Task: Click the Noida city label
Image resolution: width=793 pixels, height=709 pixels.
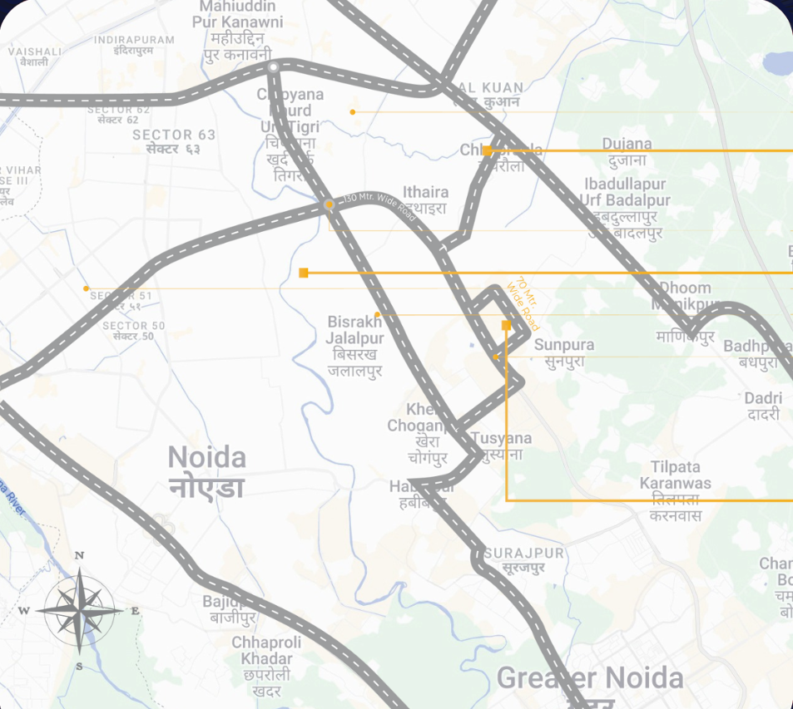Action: (x=207, y=471)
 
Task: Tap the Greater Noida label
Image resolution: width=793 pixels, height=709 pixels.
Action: (x=590, y=678)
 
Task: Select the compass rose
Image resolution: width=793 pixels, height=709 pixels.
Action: (x=79, y=611)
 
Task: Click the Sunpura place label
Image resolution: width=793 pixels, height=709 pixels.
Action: (x=564, y=352)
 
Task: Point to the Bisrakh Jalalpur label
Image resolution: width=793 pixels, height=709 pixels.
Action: (x=355, y=346)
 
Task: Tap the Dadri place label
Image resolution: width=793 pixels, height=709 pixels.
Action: (x=762, y=406)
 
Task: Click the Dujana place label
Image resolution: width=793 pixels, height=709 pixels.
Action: (x=627, y=151)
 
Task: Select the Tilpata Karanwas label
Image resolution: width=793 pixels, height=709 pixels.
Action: (x=675, y=491)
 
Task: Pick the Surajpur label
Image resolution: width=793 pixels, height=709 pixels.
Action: (x=524, y=560)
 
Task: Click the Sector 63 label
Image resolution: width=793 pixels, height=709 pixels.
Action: (x=174, y=141)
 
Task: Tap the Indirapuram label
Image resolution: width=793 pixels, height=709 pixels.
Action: (x=134, y=45)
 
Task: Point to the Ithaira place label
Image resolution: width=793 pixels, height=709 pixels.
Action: (x=425, y=199)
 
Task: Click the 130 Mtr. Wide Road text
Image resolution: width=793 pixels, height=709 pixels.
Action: (x=379, y=207)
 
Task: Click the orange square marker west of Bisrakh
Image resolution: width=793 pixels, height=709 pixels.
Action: (x=304, y=273)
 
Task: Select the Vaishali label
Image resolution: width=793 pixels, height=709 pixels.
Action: (x=35, y=56)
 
